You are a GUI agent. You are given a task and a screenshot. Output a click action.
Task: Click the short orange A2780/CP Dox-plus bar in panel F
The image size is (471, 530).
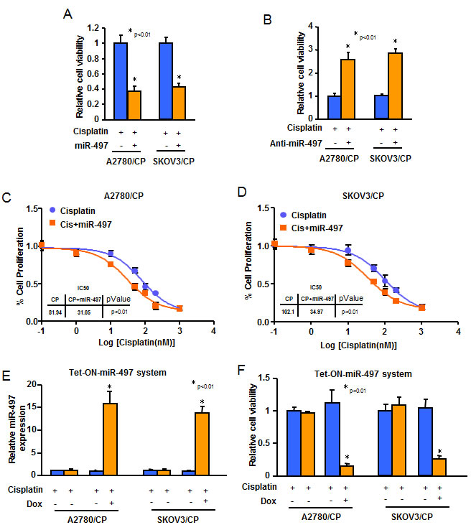pos(345,470)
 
